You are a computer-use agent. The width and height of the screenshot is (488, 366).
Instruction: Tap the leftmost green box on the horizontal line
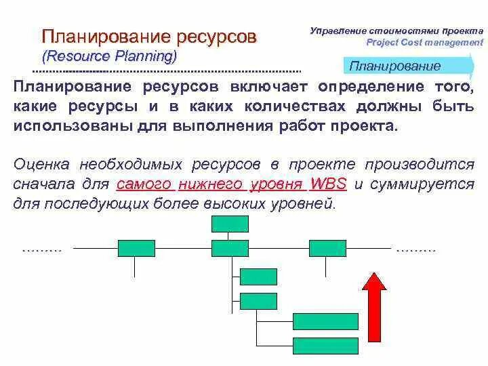tap(136, 248)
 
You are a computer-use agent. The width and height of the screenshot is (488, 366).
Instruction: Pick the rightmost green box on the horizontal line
tap(327, 248)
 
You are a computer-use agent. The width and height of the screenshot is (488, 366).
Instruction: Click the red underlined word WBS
tap(328, 184)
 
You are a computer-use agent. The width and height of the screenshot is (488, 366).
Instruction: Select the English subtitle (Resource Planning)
tap(109, 55)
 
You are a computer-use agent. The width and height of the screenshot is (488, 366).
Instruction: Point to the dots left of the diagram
tap(42, 249)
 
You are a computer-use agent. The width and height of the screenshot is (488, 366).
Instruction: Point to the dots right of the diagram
tap(415, 249)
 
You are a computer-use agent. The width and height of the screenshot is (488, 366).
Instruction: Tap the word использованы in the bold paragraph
tap(64, 127)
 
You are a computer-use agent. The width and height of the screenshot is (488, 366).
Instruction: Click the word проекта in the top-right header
tap(462, 30)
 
